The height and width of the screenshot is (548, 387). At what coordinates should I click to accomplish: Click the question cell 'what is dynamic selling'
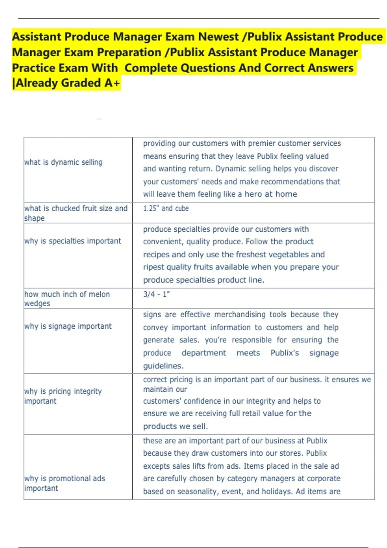pyautogui.click(x=63, y=162)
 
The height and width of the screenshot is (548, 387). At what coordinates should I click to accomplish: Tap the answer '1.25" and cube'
pyautogui.click(x=166, y=209)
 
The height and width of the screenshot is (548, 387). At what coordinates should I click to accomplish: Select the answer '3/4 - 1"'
pyautogui.click(x=156, y=294)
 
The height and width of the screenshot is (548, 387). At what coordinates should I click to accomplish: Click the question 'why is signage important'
pyautogui.click(x=68, y=326)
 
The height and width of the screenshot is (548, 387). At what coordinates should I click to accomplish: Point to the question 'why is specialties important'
pyautogui.click(x=73, y=241)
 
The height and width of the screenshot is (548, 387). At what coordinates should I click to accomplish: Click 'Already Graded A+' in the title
pyautogui.click(x=68, y=83)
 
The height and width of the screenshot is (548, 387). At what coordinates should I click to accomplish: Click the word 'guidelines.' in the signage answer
pyautogui.click(x=163, y=366)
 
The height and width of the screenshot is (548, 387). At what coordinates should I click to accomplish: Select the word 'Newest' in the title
pyautogui.click(x=218, y=37)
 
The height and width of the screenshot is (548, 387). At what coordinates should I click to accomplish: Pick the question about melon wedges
pyautogui.click(x=67, y=299)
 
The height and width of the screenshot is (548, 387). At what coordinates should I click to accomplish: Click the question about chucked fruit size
pyautogui.click(x=76, y=213)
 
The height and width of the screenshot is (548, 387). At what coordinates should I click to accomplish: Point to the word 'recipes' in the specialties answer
pyautogui.click(x=156, y=255)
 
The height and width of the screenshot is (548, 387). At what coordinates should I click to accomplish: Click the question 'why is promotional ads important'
pyautogui.click(x=64, y=483)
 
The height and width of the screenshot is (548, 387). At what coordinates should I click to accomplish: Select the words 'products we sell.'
pyautogui.click(x=175, y=426)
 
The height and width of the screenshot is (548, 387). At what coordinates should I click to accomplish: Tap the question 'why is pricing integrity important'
pyautogui.click(x=63, y=396)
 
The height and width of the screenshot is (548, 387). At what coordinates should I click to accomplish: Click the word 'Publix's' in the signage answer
pyautogui.click(x=285, y=353)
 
